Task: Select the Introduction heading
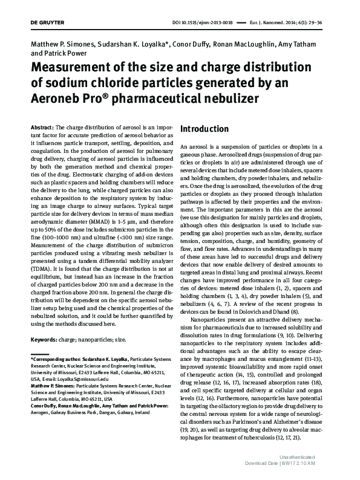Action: [x=205, y=129]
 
